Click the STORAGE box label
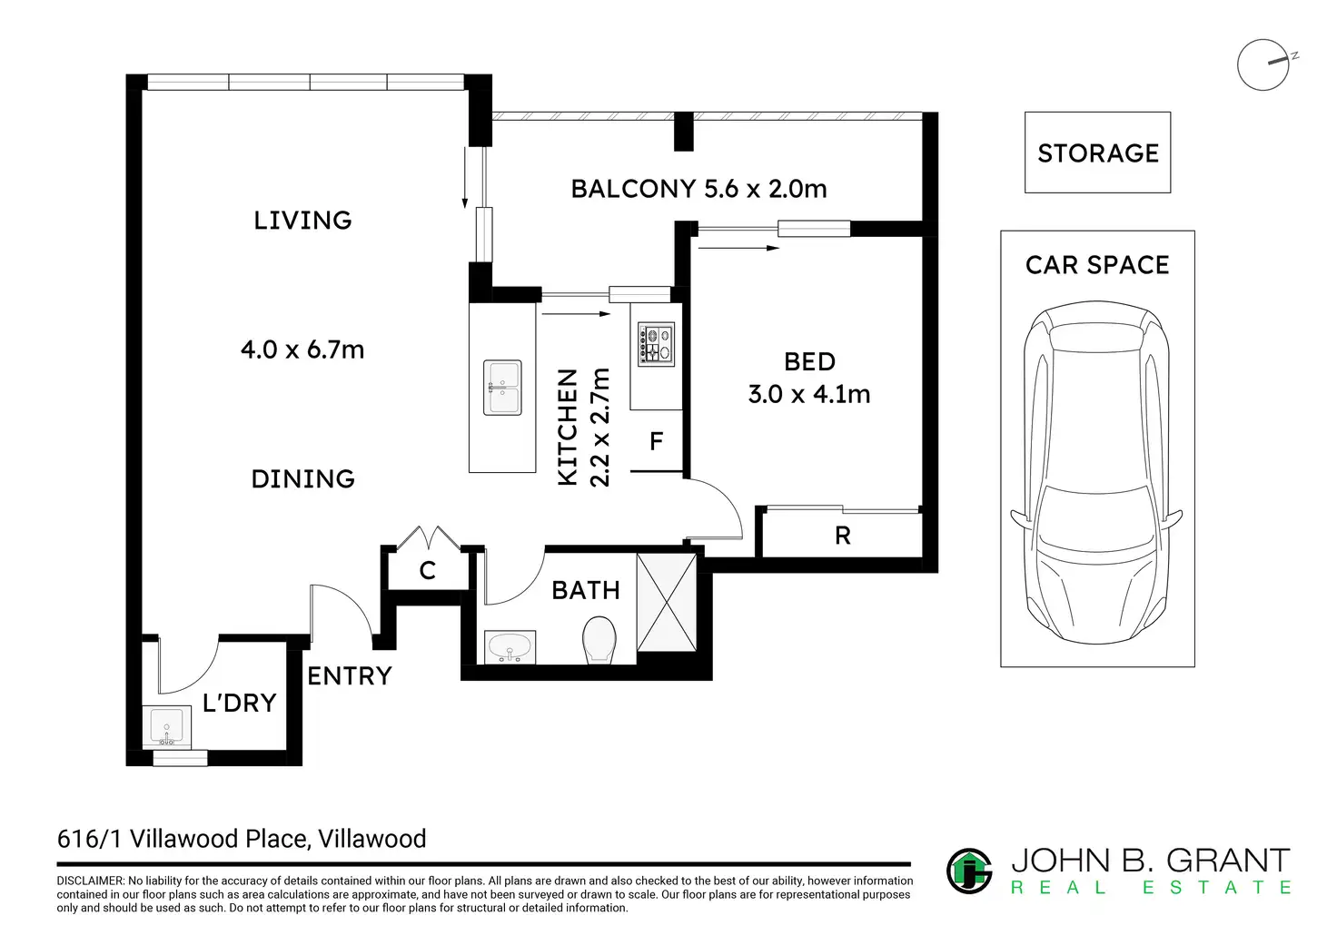click(1097, 153)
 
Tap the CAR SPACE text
click(1097, 265)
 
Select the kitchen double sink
click(502, 388)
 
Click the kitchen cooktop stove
click(656, 344)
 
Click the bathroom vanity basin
click(510, 646)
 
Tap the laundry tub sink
click(166, 727)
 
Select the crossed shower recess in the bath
click(666, 603)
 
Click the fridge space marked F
click(656, 441)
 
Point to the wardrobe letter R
click(842, 536)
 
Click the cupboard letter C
click(428, 571)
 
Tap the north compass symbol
click(1264, 64)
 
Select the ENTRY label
click(350, 676)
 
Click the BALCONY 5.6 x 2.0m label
click(699, 189)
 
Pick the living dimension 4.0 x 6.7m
click(302, 349)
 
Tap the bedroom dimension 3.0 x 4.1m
click(809, 394)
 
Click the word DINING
click(303, 479)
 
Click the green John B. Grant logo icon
click(969, 871)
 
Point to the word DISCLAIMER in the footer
click(90, 881)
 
